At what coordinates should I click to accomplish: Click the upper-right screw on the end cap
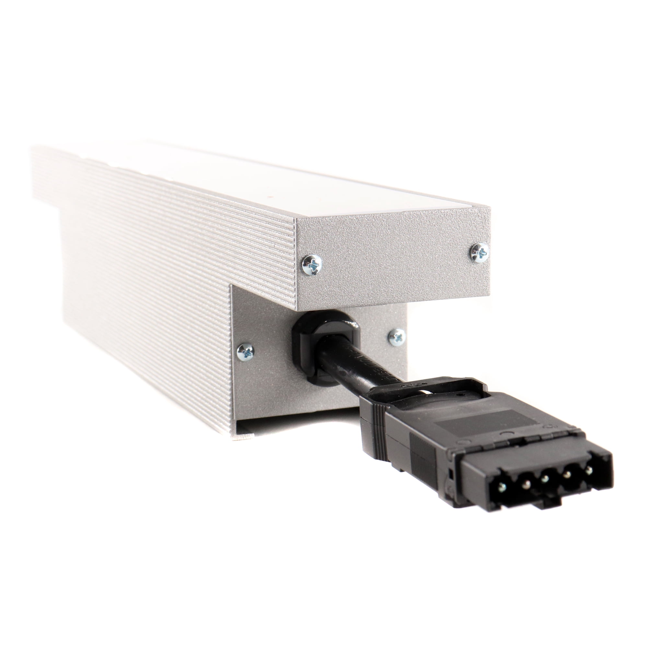coord(480,251)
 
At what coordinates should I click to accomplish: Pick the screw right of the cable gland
coord(398,337)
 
